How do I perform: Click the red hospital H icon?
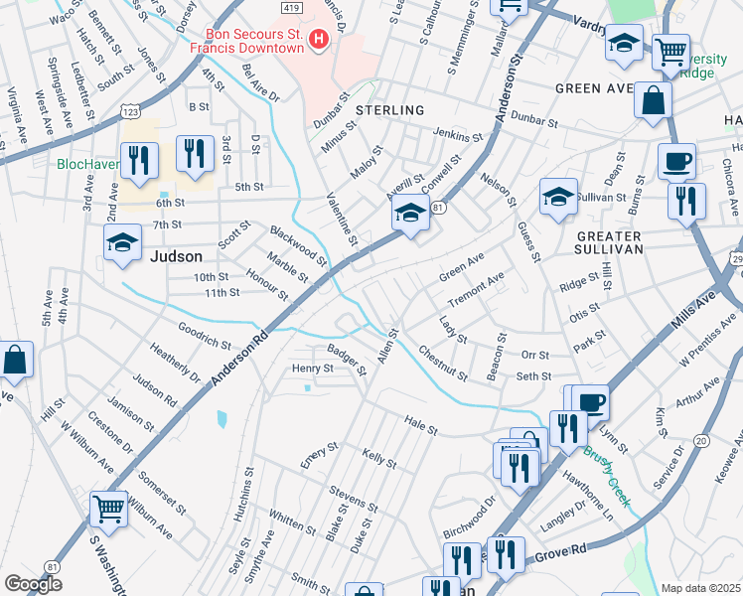click(x=319, y=40)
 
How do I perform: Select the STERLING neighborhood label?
click(x=389, y=110)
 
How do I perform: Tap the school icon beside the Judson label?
click(x=122, y=242)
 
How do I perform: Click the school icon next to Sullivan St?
click(x=558, y=196)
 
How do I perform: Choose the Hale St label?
click(x=421, y=425)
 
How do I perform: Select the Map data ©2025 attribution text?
click(x=699, y=588)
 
